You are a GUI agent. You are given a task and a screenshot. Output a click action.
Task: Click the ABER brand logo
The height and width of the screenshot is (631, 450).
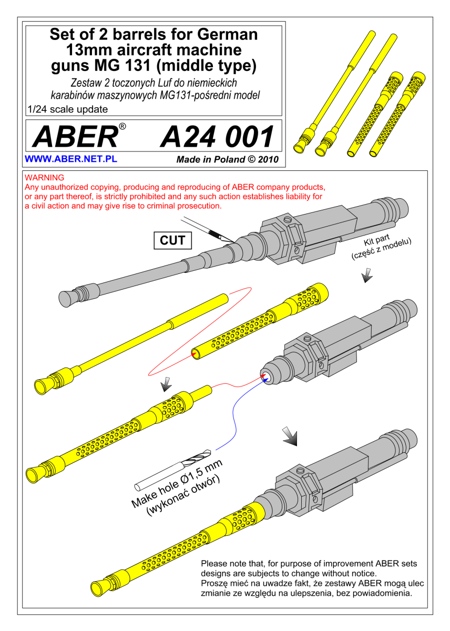pos(76,136)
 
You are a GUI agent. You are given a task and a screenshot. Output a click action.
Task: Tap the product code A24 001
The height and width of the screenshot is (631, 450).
pos(217,137)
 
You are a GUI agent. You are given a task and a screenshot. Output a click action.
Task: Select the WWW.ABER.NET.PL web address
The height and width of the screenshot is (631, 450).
pos(70,159)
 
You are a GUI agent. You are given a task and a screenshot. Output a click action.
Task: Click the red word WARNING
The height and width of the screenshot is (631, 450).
pos(44,178)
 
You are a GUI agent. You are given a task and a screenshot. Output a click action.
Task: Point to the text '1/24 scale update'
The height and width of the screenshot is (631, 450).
pos(68,109)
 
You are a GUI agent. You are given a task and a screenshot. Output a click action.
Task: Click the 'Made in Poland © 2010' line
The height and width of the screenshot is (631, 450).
pos(227,159)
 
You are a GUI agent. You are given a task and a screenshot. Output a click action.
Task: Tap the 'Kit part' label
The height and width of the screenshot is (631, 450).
pos(376,240)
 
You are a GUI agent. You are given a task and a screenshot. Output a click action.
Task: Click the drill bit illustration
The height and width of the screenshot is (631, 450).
pos(172,471)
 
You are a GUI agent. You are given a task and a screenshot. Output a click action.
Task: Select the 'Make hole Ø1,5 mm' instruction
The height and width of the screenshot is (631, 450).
pos(177,483)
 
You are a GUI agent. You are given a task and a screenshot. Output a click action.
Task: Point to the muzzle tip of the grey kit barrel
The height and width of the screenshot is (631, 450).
pos(65,299)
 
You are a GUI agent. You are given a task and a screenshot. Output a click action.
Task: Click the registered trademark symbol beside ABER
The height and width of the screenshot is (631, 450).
pos(122,126)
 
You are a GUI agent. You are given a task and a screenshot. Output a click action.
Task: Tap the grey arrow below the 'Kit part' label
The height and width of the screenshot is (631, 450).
pos(367,275)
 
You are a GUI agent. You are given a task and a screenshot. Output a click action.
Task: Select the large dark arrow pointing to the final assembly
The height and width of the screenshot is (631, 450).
pos(290,436)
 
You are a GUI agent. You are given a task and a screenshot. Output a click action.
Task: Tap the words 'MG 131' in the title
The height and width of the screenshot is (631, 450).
pos(122,65)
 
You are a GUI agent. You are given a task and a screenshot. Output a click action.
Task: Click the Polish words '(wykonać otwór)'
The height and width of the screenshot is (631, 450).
pos(183,496)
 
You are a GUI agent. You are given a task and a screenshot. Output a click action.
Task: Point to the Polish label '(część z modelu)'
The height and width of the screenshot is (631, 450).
pos(382,249)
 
